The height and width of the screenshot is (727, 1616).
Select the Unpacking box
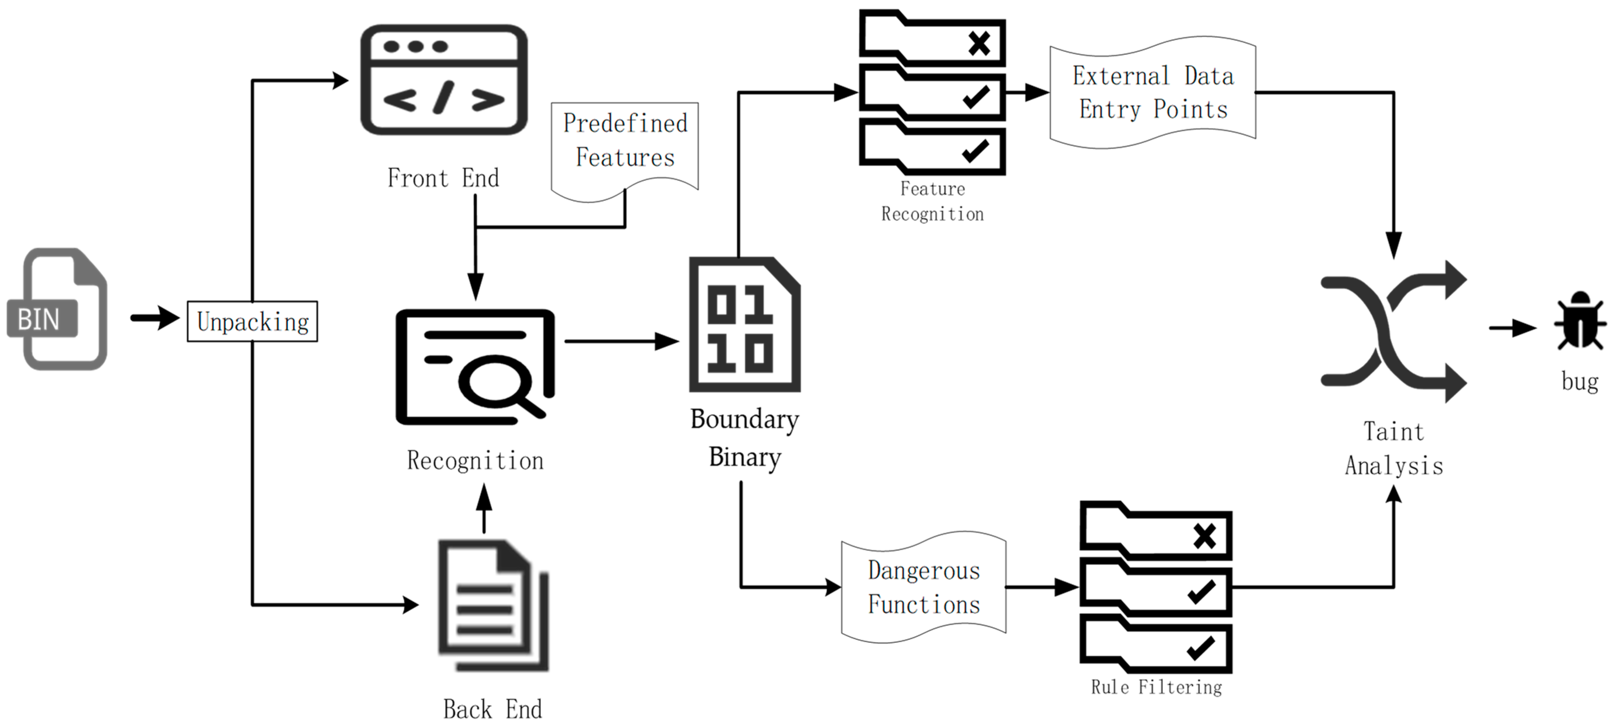point(252,322)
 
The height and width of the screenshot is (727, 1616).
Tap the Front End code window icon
point(444,80)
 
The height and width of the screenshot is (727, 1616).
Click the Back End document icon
point(493,605)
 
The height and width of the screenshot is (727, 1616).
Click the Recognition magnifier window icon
point(475,367)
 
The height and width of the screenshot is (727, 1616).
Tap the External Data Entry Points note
point(1152,93)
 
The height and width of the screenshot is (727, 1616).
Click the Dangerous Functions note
point(923,587)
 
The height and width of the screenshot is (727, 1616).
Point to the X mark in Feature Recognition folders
point(978,43)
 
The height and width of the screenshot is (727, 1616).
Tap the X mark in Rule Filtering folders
point(1205,536)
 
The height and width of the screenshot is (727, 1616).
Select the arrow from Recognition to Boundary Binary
point(621,341)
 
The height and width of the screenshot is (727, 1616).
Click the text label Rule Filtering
point(1156,687)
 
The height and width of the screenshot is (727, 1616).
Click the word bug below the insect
point(1580,381)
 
